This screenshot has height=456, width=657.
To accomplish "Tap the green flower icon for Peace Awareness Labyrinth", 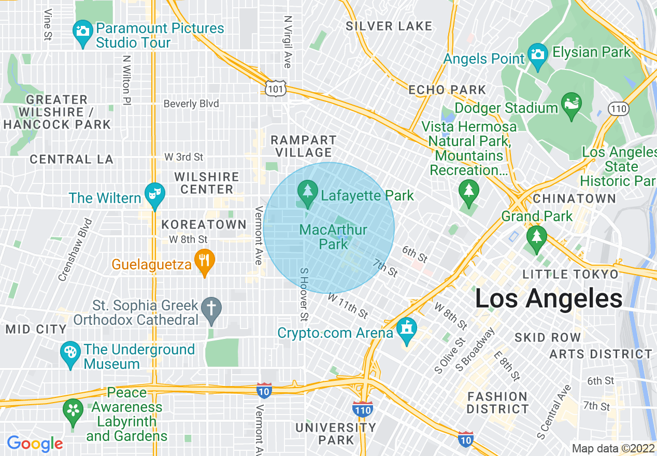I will pyautogui.click(x=73, y=410).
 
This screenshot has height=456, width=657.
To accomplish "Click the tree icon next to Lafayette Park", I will pyautogui.click(x=308, y=192).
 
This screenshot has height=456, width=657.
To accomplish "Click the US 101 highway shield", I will pyautogui.click(x=274, y=89).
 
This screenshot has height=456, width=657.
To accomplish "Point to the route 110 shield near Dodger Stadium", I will pyautogui.click(x=619, y=109).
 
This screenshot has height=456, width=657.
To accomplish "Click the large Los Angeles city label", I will pyautogui.click(x=549, y=298).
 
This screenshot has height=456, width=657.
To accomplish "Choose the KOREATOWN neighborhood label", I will pyautogui.click(x=204, y=224).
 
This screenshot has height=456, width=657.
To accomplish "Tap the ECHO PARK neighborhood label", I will pyautogui.click(x=447, y=90).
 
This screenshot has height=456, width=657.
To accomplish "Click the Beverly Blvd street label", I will pyautogui.click(x=191, y=104).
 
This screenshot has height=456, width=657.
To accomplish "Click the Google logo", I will pyautogui.click(x=35, y=444).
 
